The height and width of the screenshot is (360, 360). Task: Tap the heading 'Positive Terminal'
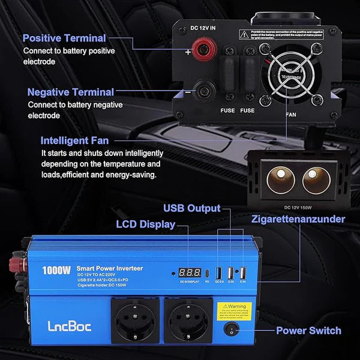(64, 38)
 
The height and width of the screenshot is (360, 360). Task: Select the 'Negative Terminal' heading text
(71, 92)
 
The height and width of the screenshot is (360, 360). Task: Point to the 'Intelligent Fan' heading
(74, 140)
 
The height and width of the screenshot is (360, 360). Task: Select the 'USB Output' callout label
(192, 208)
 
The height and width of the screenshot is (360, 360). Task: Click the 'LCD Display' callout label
(146, 224)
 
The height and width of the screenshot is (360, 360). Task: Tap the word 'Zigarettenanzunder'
(298, 219)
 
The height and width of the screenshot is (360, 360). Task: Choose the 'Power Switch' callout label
(308, 330)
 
